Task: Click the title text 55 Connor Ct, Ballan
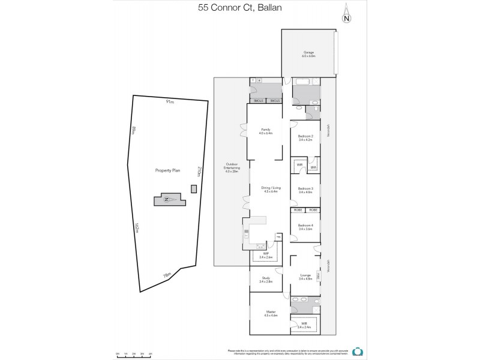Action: (239, 9)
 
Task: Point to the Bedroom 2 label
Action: (305, 137)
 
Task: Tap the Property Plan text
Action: (167, 170)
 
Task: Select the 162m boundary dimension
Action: (137, 229)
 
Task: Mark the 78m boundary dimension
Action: (167, 275)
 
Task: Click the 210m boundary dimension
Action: (199, 172)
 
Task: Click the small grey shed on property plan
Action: (192, 189)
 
